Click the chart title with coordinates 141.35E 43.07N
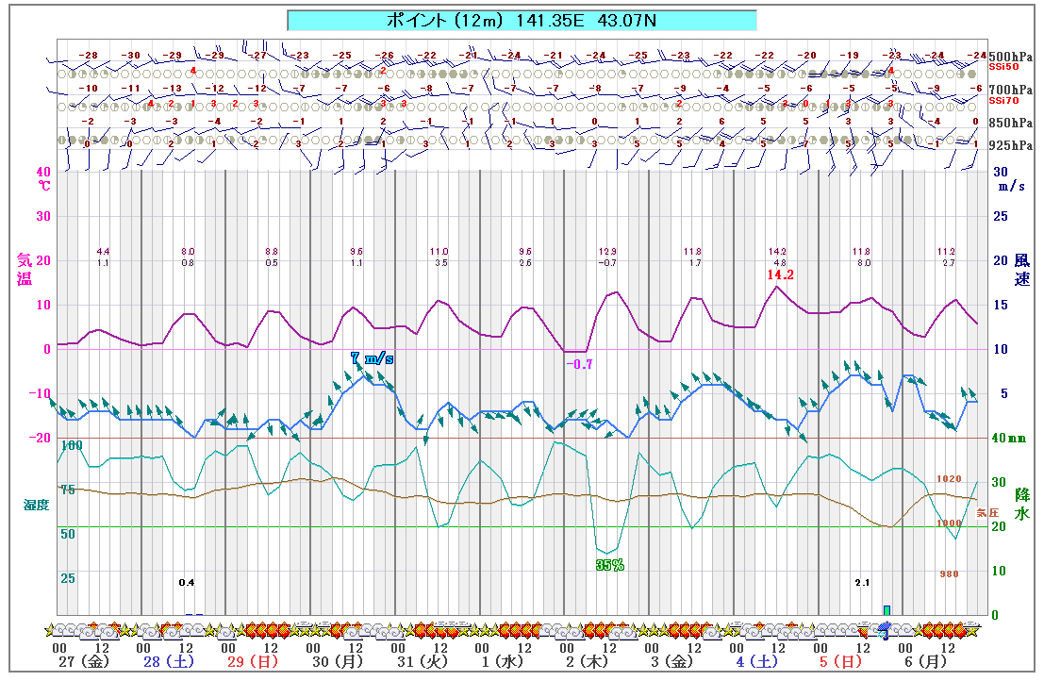pos(521,20)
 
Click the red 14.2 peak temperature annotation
pos(780,274)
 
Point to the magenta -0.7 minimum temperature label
pos(579,364)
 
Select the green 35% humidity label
pos(609,565)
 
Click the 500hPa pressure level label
pos(1010,56)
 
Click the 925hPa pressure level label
pos(1010,145)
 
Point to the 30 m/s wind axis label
pos(1011,178)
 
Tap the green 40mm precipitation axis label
pos(1010,438)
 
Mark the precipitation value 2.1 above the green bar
pos(862,583)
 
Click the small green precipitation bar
pos(887,609)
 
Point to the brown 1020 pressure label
pos(949,478)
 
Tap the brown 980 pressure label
pos(949,573)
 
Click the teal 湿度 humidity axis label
pos(36,505)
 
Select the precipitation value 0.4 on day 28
pos(187,583)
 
